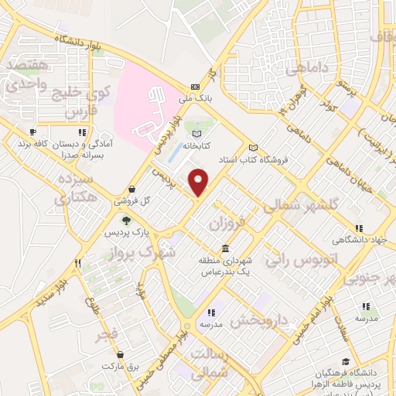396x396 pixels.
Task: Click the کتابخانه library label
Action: pos(197,145)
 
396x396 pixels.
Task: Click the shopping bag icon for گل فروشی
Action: pos(132,189)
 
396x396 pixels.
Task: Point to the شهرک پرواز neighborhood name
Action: pos(150,252)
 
